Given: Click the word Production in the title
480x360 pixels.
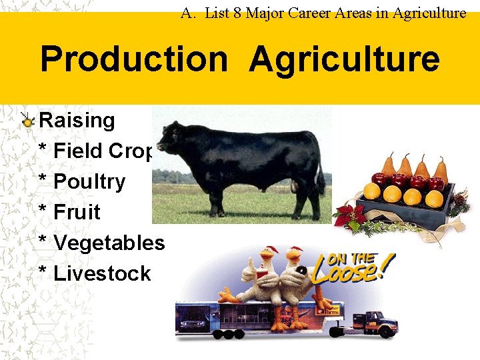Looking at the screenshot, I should [x=133, y=59].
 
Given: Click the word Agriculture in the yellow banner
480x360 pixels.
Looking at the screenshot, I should [x=344, y=59].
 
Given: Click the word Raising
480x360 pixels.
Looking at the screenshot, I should [x=77, y=121].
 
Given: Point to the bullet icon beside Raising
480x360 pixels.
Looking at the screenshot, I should [x=27, y=121].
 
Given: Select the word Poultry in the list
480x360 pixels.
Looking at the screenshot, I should [x=89, y=181].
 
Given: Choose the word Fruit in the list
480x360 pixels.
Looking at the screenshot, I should [x=77, y=212].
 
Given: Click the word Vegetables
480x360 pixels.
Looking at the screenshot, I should [x=109, y=243].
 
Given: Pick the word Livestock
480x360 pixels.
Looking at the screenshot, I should [x=102, y=273].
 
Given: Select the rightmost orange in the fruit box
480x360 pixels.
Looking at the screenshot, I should [x=434, y=198].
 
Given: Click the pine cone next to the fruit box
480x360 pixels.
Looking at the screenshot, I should [x=459, y=199].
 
